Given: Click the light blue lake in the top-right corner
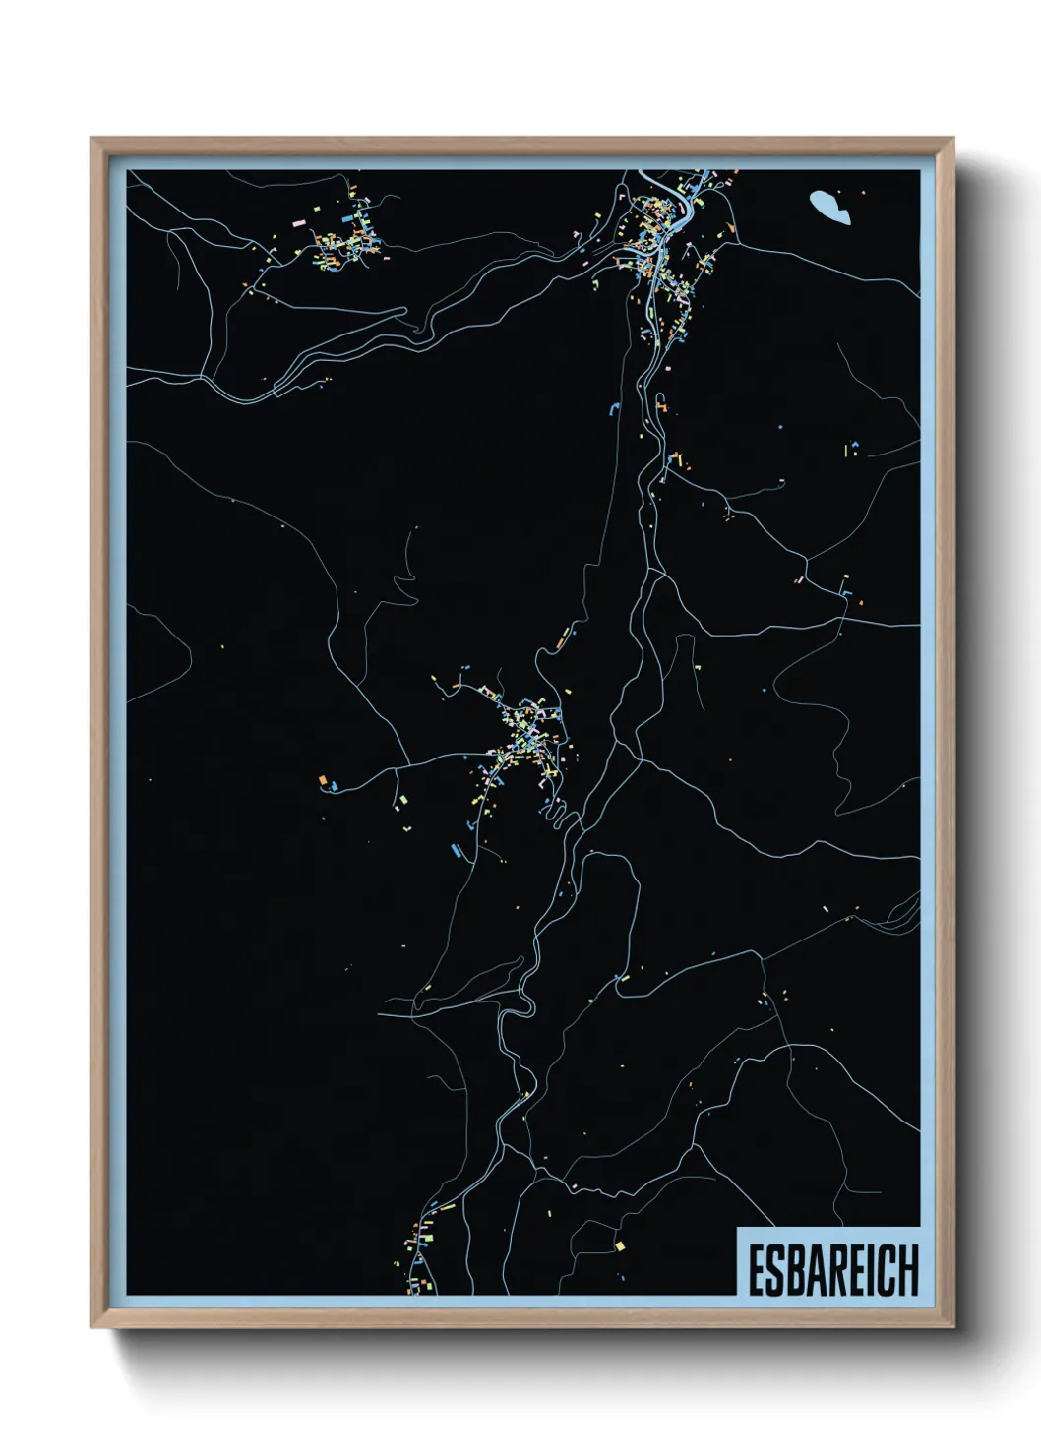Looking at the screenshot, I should pyautogui.click(x=829, y=207).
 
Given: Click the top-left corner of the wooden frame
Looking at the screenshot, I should pyautogui.click(x=92, y=139).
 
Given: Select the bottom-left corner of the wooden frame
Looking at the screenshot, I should pyautogui.click(x=92, y=1326).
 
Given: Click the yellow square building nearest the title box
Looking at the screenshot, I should pyautogui.click(x=619, y=1245).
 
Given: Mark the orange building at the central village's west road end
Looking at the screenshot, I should pyautogui.click(x=322, y=780).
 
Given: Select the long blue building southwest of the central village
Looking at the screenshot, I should pyautogui.click(x=456, y=848).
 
